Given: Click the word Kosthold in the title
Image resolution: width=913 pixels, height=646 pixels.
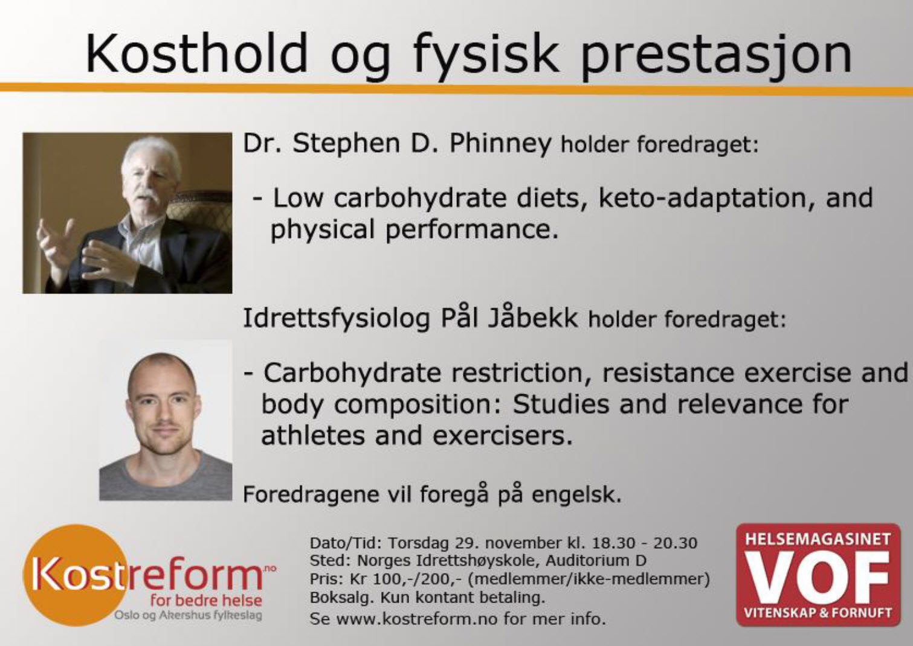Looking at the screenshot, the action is click(196, 53).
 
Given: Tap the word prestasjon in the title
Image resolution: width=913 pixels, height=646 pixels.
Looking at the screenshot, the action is click(716, 57).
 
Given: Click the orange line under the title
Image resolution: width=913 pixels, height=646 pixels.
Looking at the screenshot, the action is click(457, 89).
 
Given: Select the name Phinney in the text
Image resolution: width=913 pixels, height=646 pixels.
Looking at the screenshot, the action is click(500, 144).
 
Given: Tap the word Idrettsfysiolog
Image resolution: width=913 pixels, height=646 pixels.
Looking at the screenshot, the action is click(337, 319).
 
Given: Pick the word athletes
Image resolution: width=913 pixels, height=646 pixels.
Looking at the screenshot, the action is click(312, 435).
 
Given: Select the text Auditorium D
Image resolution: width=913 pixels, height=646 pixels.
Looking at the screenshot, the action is click(596, 560).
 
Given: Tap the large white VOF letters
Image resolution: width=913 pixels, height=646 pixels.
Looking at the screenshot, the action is click(818, 577).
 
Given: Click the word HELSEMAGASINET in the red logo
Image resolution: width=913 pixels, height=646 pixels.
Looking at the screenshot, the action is click(818, 539).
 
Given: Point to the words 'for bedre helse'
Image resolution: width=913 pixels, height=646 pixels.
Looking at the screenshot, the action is click(206, 600).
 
